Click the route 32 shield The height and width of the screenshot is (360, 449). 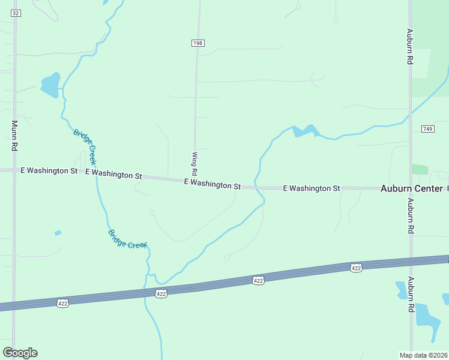pos(16,13)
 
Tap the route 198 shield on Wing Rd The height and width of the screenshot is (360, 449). pos(198,43)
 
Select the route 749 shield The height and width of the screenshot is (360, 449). pos(427,130)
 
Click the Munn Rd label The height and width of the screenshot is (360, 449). pos(14,135)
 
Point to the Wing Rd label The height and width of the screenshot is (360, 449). pos(194,163)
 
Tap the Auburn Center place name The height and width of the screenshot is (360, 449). pos(411,188)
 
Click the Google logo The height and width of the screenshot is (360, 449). pos(20,353)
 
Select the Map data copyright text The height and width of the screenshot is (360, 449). pos(424,355)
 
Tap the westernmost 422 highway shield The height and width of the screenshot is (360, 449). pos(63,304)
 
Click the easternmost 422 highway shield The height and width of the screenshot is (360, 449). pos(356,268)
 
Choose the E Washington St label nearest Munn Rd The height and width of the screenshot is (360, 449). pos(49,171)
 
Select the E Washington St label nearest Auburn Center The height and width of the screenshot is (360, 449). pos(311,188)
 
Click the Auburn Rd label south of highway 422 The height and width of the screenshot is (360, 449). pos(411,294)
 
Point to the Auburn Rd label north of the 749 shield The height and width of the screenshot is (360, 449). pos(409,47)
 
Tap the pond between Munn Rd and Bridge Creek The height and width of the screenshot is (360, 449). pos(50,85)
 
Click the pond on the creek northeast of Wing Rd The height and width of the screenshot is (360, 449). pos(304,131)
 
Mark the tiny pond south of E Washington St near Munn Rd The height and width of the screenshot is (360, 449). pos(58,233)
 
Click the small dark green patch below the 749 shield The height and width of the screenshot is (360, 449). pos(420,170)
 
